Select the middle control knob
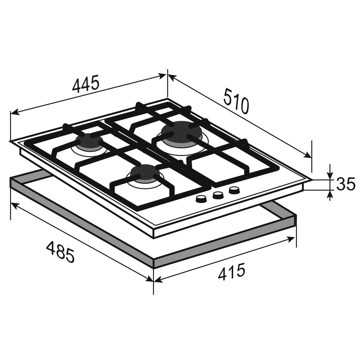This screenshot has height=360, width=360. tap(218, 195)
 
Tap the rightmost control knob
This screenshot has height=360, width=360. tap(234, 190)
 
